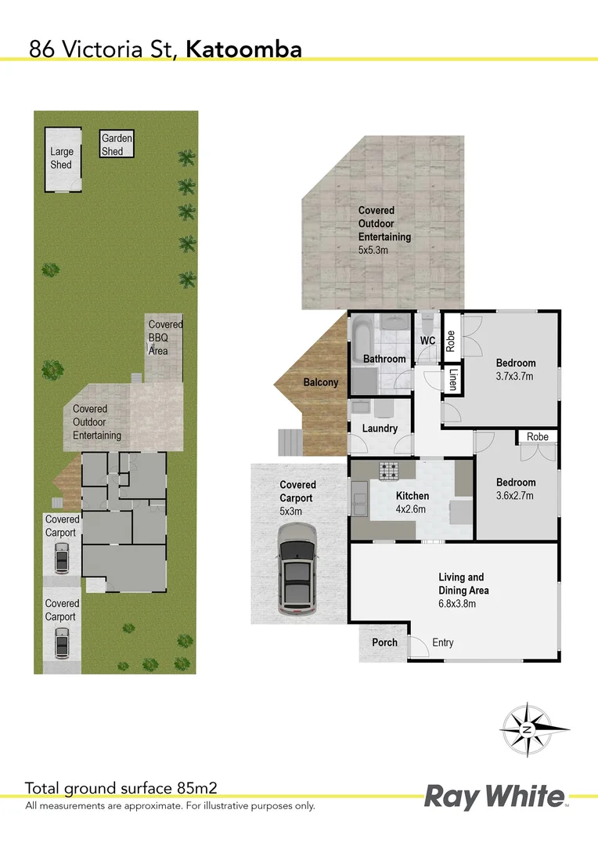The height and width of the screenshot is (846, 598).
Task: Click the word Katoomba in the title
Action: point(244,49)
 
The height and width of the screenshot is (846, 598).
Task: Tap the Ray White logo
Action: point(495,797)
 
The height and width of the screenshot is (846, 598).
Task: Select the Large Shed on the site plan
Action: point(62,159)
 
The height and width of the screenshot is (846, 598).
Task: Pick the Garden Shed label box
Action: point(117,145)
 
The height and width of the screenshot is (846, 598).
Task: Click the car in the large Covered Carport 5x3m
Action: point(297,569)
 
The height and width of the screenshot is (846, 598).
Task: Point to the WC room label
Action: point(427,341)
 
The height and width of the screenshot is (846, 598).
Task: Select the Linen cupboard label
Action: point(452,380)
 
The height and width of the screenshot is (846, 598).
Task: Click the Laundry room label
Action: point(380,428)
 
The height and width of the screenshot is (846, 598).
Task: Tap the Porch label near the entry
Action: point(384,642)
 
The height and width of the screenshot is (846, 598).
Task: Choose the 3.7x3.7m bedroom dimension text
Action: point(516,376)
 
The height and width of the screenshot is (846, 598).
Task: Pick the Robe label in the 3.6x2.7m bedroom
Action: point(537,436)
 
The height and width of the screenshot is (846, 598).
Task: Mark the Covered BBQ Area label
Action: point(165,338)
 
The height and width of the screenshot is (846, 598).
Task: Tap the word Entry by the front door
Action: point(442,642)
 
